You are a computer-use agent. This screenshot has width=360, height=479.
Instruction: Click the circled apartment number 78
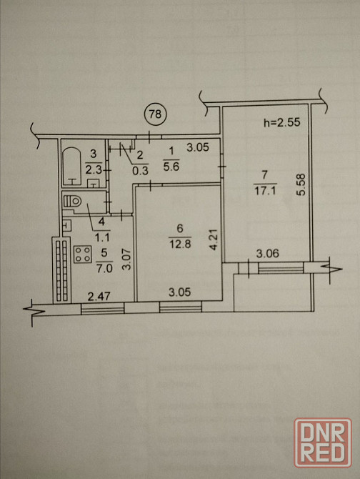(155, 114)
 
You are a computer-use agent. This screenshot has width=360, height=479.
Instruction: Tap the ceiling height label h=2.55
(282, 122)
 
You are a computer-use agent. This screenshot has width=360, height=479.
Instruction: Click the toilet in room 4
(74, 202)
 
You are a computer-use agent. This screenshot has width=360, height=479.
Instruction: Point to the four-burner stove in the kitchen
(83, 255)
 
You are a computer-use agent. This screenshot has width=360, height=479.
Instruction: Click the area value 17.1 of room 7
(265, 191)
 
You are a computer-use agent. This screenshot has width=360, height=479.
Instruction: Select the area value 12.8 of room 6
(180, 244)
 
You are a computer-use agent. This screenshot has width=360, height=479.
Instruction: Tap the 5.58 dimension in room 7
(301, 184)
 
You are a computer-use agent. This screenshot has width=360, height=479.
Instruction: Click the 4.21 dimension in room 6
(215, 239)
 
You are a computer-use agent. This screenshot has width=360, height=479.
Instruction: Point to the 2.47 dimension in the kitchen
(99, 296)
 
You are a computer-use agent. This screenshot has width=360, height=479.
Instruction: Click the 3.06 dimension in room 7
(268, 253)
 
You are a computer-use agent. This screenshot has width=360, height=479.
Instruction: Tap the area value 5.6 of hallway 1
(171, 167)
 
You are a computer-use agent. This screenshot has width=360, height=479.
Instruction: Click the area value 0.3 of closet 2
(140, 170)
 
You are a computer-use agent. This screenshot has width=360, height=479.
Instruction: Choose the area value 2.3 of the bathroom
(93, 169)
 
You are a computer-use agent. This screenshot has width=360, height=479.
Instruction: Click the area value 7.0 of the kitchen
(104, 269)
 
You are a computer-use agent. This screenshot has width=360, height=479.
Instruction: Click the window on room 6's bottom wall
(181, 307)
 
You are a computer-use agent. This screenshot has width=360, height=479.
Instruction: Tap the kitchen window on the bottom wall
(103, 308)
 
